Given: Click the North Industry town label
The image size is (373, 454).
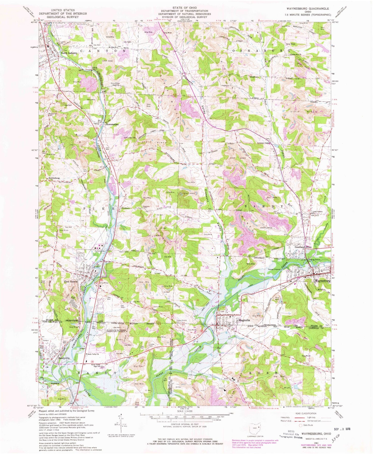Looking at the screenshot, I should [x=69, y=53].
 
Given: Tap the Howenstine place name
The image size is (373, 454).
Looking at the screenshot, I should [x=112, y=124].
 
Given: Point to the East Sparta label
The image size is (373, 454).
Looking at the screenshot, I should [x=71, y=282].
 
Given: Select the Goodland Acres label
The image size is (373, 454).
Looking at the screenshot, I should [x=303, y=247].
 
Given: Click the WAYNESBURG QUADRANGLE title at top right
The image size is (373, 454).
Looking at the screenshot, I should [x=306, y=9].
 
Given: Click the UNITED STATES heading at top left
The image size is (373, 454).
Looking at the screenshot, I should [x=63, y=10].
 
